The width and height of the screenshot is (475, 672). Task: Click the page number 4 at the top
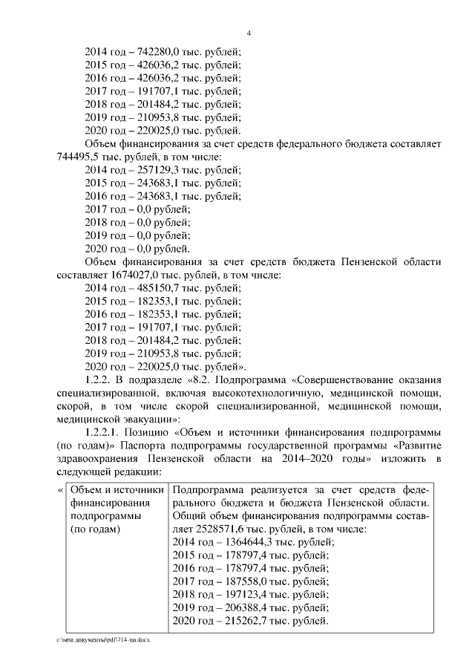(x=249, y=33)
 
